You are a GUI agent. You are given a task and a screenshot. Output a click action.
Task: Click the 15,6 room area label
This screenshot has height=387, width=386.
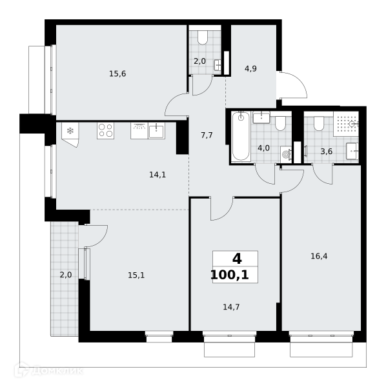117,74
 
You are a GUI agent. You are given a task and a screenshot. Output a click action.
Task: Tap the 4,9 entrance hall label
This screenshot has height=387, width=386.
250,68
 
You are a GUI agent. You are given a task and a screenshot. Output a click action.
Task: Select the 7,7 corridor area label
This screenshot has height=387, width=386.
207,135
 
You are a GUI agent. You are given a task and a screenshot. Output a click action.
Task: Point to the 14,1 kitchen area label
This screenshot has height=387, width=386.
157,175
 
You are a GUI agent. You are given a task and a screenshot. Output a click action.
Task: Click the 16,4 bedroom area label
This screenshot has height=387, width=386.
319,257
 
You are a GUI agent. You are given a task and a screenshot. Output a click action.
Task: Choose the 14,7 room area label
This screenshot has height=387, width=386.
231,307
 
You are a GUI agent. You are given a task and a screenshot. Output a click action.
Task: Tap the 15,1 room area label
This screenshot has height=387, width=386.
136,275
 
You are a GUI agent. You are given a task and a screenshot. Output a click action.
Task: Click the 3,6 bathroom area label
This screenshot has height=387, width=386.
327,152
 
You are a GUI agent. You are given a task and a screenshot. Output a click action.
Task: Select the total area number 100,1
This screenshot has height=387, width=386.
230,275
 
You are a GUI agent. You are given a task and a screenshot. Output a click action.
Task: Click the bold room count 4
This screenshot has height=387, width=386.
237,259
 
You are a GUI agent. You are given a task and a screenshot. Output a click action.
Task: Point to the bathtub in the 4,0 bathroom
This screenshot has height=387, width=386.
241,136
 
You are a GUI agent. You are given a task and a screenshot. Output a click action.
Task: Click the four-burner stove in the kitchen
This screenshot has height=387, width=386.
105,130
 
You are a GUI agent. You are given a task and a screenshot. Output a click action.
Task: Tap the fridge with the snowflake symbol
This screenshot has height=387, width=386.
70,134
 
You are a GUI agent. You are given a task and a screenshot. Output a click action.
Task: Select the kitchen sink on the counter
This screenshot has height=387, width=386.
156,131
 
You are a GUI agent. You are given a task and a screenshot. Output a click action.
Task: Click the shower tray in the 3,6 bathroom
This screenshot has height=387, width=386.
346,124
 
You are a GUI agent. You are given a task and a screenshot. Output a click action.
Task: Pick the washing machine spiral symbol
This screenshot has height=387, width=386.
286,155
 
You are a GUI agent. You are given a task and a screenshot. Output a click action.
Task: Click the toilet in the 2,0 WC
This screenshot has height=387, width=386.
203,38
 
